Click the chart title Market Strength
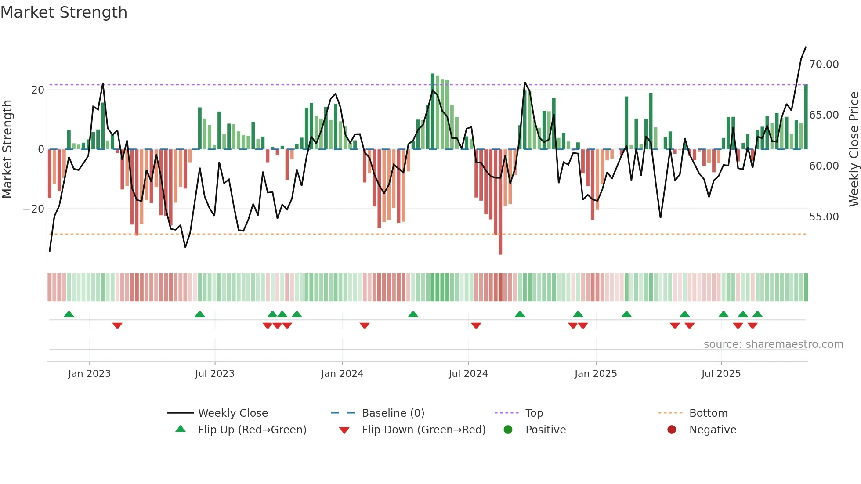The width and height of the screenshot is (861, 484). click(x=64, y=12)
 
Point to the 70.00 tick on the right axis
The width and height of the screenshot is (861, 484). click(x=824, y=65)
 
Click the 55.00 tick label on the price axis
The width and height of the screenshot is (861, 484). click(x=824, y=217)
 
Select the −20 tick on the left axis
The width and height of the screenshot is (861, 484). click(x=34, y=209)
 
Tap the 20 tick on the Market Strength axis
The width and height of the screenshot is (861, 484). click(x=38, y=90)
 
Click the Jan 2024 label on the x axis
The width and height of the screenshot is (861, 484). click(x=342, y=374)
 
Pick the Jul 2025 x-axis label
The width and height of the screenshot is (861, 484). click(x=721, y=374)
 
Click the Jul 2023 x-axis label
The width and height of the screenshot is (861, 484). click(x=215, y=374)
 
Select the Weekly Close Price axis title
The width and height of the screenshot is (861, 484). click(x=854, y=149)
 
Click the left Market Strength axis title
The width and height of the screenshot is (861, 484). click(x=7, y=149)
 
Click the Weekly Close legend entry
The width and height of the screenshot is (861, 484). click(x=232, y=413)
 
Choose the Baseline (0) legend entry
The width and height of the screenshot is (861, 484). click(x=393, y=413)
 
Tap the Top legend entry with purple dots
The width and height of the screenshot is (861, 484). click(x=534, y=413)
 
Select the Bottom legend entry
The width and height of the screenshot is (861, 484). click(x=708, y=413)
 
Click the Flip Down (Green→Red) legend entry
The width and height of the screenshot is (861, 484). click(x=423, y=430)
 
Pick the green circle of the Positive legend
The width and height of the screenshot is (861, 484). click(x=508, y=430)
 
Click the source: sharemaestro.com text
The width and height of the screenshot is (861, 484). click(x=773, y=344)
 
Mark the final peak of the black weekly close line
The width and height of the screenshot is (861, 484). click(x=806, y=47)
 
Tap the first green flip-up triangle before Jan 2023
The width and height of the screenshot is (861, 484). click(x=69, y=314)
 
